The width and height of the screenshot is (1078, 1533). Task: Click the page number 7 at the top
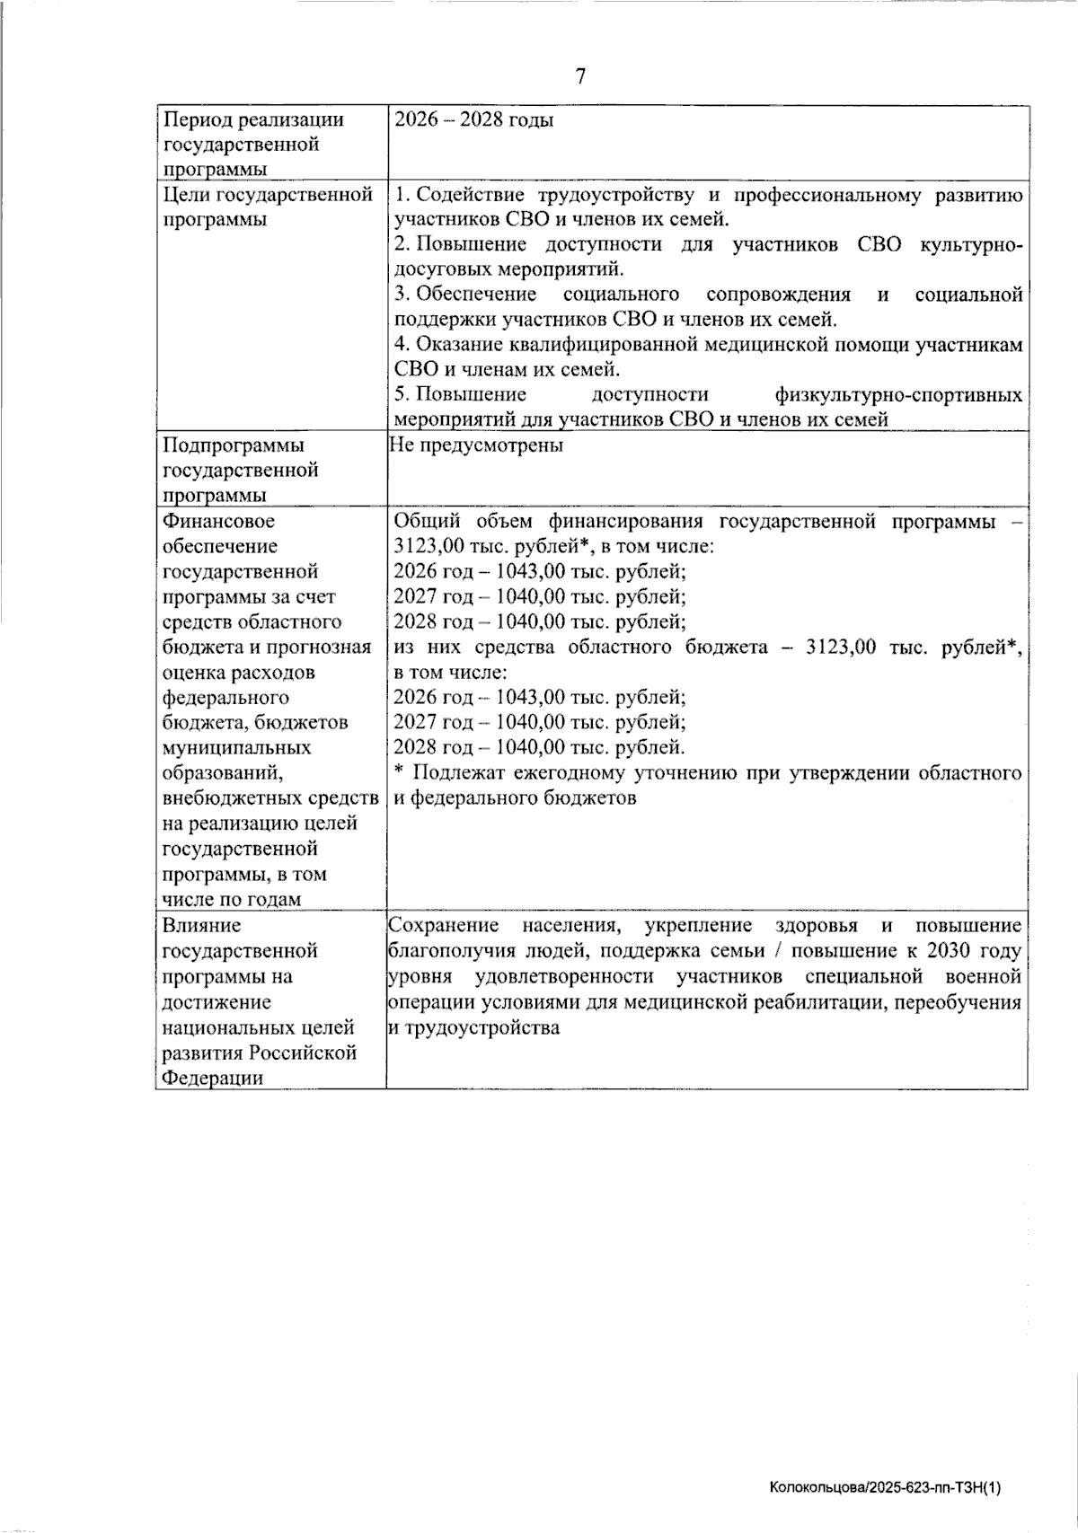click(x=580, y=76)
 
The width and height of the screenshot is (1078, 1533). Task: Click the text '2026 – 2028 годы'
click(x=473, y=119)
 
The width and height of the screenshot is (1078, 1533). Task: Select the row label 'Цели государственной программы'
click(x=267, y=207)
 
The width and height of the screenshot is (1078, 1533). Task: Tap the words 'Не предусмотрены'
click(x=476, y=445)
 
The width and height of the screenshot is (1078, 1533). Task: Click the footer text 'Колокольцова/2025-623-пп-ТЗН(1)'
click(x=885, y=1489)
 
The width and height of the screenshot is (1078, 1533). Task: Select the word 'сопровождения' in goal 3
click(x=778, y=295)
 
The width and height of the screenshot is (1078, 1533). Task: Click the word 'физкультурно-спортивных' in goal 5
click(x=897, y=395)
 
